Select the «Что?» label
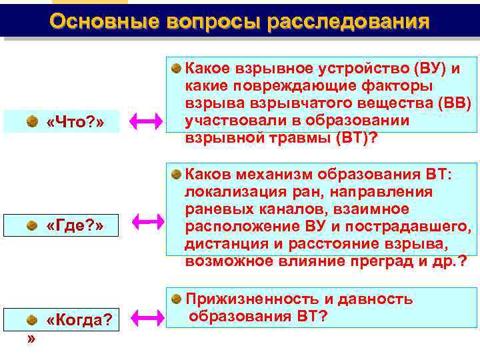click(75, 123)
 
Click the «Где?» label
click(75, 225)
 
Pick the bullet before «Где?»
click(31, 225)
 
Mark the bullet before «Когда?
click(31, 320)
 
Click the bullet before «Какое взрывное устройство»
click(175, 69)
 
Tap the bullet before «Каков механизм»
click(175, 174)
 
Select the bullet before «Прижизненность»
click(175, 297)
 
